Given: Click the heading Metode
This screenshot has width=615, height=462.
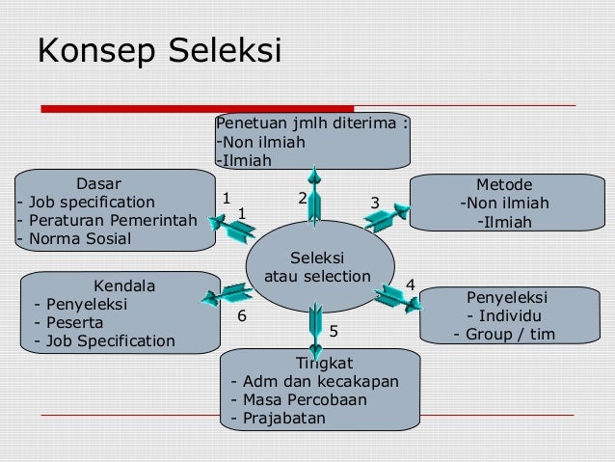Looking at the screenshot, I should [x=503, y=184].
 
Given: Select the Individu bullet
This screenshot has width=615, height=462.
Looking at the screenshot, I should [x=503, y=316].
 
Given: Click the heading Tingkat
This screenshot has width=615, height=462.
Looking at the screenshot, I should [x=325, y=363].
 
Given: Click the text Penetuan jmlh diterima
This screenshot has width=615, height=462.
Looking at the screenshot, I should [x=313, y=123].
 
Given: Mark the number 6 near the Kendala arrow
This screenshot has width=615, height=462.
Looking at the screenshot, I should [x=242, y=315].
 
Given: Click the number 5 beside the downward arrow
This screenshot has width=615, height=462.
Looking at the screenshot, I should [x=334, y=331].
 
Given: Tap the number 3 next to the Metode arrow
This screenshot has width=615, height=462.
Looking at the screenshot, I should [x=375, y=202].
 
